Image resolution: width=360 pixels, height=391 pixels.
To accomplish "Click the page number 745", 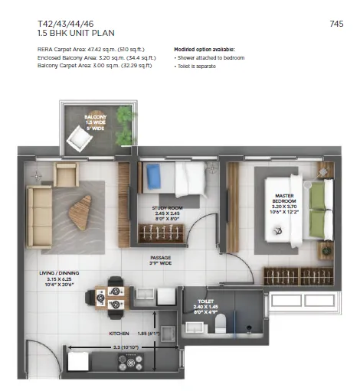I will (336, 24).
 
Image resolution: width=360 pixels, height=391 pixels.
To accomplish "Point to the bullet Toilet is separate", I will (197, 66).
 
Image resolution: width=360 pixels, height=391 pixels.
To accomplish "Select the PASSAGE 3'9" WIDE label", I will (162, 260).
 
